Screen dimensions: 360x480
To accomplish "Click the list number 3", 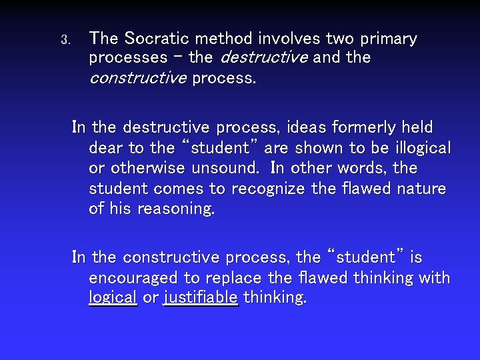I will [x=65, y=40].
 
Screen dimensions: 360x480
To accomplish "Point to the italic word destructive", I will [x=263, y=58].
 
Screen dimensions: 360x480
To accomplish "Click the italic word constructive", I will [x=137, y=79].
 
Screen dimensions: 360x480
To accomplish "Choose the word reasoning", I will [x=176, y=209].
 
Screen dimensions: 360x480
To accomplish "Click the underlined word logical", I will [x=113, y=298].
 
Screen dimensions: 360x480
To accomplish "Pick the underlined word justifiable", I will [x=200, y=298].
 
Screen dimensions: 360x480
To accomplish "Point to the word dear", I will [x=105, y=147].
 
